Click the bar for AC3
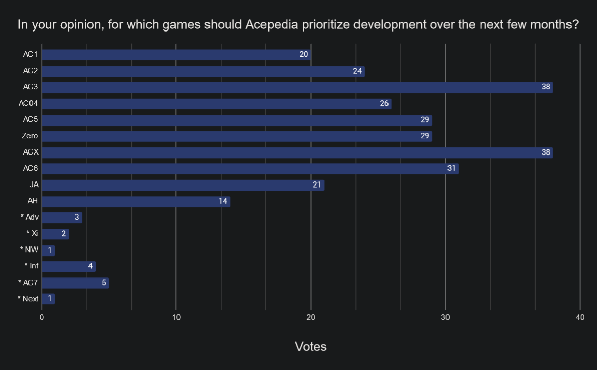(x=297, y=87)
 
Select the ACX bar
(x=297, y=152)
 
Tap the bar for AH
(x=136, y=201)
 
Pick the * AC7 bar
(x=75, y=283)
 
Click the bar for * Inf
(x=69, y=266)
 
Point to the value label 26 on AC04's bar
(x=384, y=104)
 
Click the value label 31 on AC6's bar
(x=452, y=168)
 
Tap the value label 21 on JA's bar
(x=317, y=185)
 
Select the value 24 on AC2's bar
(x=357, y=71)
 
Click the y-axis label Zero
(x=30, y=136)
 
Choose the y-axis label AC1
(x=31, y=54)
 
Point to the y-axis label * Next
(x=28, y=298)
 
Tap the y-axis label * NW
(x=29, y=250)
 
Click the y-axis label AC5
(x=31, y=119)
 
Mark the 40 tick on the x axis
(x=580, y=318)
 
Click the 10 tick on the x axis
(x=176, y=318)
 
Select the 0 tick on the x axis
(x=42, y=318)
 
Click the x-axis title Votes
(x=311, y=347)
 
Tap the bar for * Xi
(x=55, y=234)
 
